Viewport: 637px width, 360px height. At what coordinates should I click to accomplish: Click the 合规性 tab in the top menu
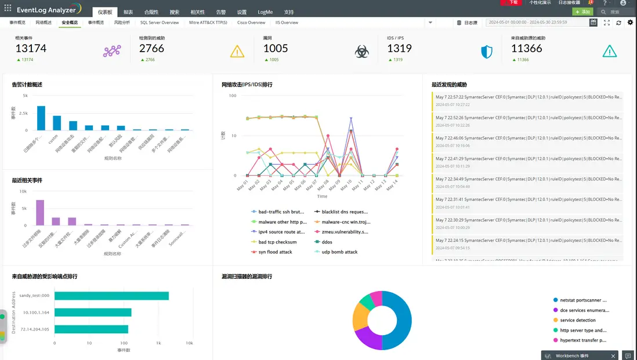click(x=151, y=12)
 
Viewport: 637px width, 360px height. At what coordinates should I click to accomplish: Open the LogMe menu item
click(x=265, y=12)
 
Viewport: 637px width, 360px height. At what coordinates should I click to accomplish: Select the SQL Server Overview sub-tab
click(x=160, y=23)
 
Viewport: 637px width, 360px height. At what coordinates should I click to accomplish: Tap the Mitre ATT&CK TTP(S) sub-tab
click(x=208, y=23)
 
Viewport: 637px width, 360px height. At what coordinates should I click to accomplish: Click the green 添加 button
click(x=582, y=12)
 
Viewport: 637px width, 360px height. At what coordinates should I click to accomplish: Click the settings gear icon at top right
click(x=631, y=23)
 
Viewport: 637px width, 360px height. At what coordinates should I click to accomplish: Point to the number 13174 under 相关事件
click(x=31, y=49)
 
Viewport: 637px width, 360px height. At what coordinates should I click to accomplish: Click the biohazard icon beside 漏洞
click(x=362, y=52)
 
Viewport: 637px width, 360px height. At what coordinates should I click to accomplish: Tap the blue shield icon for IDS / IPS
click(x=487, y=52)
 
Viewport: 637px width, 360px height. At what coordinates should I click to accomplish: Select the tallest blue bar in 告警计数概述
click(x=41, y=118)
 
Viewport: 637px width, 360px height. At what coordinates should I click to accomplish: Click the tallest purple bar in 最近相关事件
click(x=41, y=212)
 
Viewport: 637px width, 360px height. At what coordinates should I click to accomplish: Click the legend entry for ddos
click(x=327, y=242)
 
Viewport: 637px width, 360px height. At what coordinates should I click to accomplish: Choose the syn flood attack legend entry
click(x=275, y=252)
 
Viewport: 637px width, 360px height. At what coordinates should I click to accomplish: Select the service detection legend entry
click(x=577, y=320)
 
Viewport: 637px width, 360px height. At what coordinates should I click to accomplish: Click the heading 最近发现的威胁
click(x=449, y=85)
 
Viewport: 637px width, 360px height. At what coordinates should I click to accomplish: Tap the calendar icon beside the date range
click(x=593, y=23)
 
